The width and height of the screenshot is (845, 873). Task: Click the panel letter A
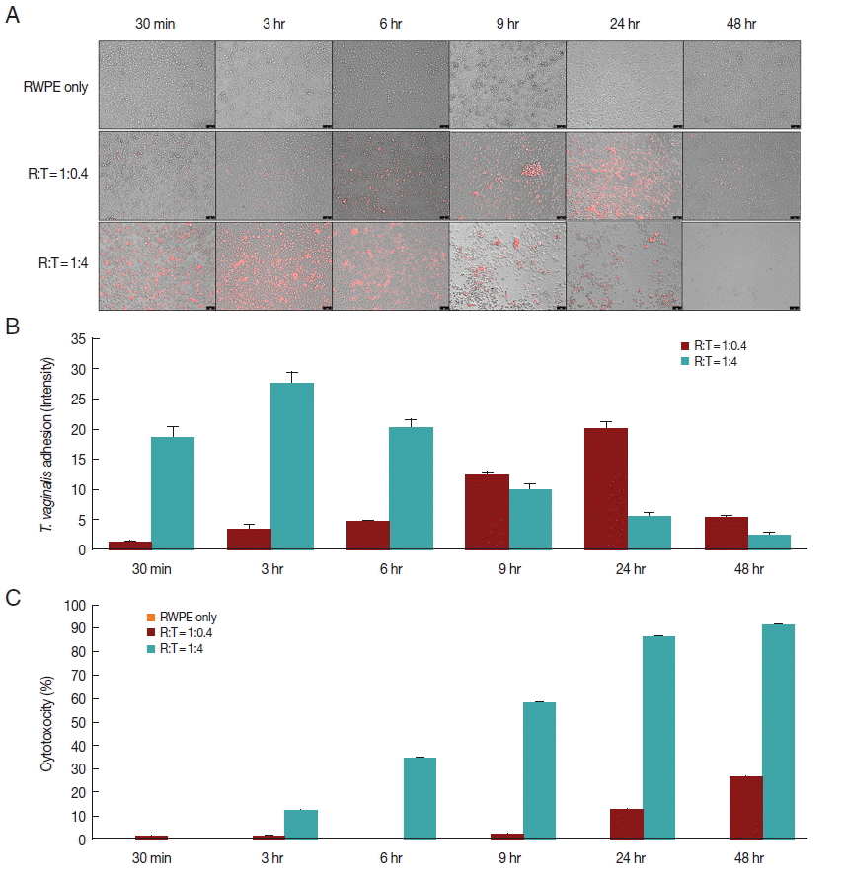click(x=12, y=17)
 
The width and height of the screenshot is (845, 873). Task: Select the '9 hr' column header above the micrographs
click(x=506, y=23)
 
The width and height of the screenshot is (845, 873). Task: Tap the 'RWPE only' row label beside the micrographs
click(x=55, y=87)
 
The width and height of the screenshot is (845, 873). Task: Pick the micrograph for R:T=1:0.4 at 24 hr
click(x=624, y=176)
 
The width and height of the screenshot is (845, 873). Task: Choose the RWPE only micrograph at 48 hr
click(x=741, y=85)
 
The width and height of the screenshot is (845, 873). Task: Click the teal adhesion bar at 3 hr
click(x=292, y=466)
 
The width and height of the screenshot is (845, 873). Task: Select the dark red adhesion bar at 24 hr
click(x=606, y=488)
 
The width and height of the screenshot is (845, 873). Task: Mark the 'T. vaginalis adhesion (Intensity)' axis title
click(x=45, y=444)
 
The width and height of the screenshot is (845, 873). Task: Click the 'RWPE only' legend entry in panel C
click(x=187, y=618)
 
